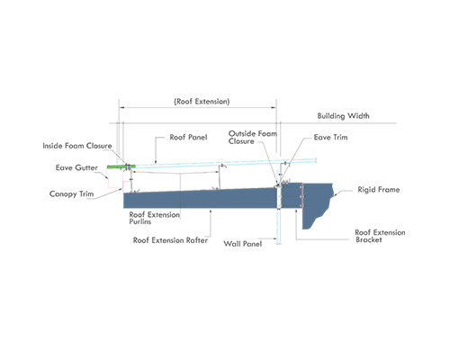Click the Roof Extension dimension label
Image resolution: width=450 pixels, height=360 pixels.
202,102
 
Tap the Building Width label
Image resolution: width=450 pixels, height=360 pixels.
344,116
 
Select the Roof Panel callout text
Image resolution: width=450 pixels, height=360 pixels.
188,138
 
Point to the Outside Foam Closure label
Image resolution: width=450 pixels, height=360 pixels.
253,138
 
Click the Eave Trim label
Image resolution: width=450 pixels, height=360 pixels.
330,138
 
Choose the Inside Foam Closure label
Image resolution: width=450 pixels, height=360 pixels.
77,146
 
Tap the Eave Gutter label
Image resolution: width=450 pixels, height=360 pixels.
76,167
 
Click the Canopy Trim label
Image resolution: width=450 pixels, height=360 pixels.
72,194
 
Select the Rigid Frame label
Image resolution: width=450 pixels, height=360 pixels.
379,190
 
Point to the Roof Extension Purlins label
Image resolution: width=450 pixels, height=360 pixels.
155,218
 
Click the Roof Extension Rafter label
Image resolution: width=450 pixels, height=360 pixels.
170,240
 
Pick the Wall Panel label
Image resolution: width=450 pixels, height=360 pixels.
243,244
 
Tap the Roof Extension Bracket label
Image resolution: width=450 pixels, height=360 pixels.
380,236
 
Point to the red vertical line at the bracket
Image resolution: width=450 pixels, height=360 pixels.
301,195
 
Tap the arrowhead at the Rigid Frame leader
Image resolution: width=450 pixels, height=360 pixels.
336,194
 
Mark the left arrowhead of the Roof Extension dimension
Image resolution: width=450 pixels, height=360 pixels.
121,107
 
